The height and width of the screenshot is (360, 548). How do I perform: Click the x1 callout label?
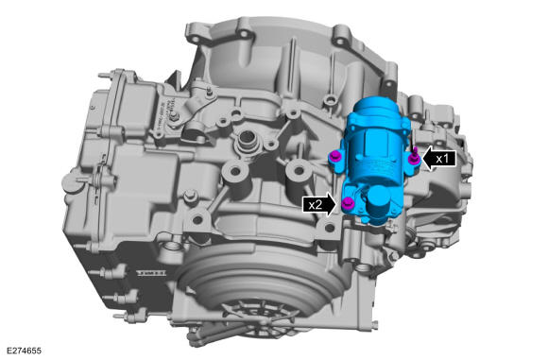[442, 159]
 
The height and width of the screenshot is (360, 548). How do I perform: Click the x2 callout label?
[315, 204]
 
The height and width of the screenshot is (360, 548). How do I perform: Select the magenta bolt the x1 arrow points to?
[415, 157]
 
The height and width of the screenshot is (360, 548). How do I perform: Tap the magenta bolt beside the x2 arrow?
[348, 203]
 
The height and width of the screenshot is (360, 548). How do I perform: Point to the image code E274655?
[24, 351]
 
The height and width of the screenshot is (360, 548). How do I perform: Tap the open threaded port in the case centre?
[247, 139]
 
